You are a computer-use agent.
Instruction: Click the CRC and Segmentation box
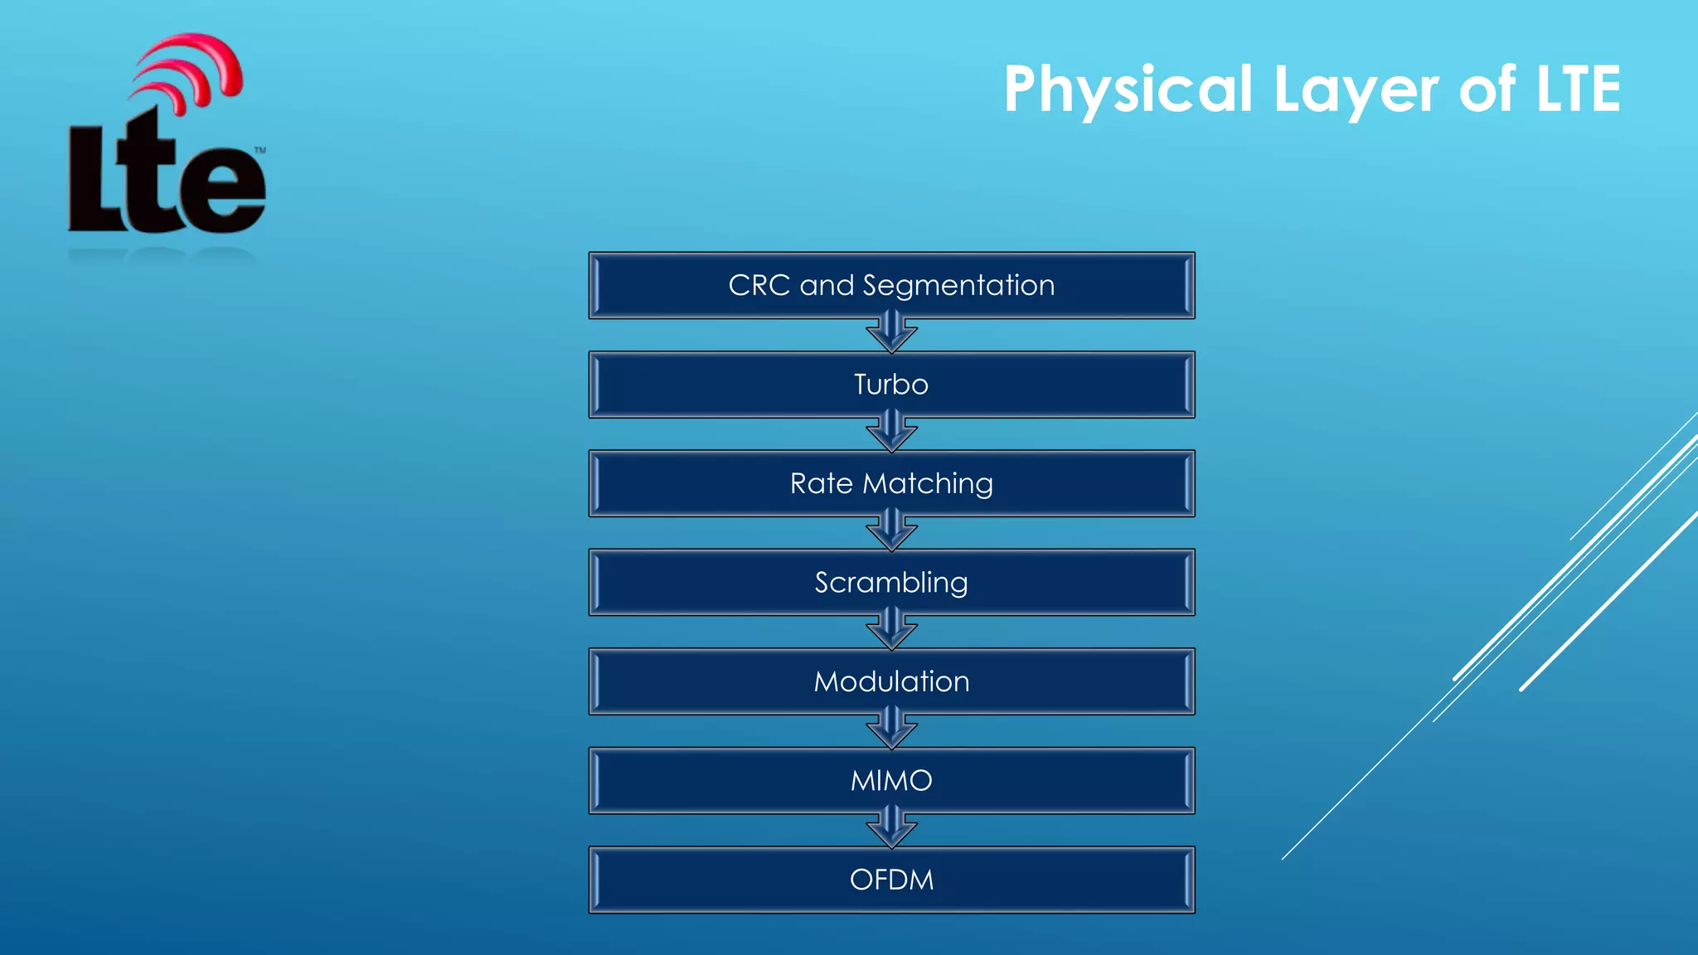click(891, 285)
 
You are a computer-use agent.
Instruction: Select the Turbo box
click(891, 385)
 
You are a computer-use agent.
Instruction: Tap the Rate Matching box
click(891, 483)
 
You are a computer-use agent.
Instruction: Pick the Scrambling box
click(891, 582)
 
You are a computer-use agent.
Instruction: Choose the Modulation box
click(891, 681)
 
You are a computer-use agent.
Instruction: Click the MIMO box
click(891, 780)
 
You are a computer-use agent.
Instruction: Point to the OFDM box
click(891, 880)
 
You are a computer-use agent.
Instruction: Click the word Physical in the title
click(1128, 90)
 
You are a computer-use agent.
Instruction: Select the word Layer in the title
click(1356, 90)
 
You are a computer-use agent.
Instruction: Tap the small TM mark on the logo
click(260, 150)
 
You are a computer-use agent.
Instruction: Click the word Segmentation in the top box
click(958, 285)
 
